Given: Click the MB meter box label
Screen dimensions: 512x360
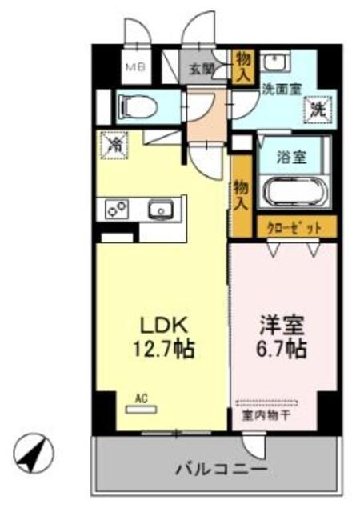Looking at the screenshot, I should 133,67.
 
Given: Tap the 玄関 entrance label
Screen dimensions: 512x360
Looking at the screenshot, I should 201,69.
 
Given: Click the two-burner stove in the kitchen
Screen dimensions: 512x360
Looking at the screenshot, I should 117,210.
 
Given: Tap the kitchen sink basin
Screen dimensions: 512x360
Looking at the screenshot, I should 163,210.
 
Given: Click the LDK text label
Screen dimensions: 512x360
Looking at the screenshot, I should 165,326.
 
